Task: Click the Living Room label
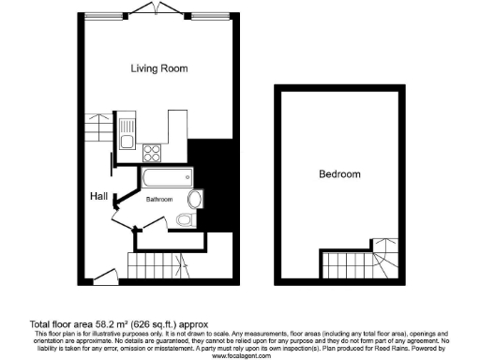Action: [158, 68]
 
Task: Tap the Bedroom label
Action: [339, 174]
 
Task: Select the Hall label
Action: [97, 196]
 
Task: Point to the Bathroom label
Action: [159, 200]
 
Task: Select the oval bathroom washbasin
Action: [195, 199]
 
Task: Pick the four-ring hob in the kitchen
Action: [153, 153]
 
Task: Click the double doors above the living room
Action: [146, 9]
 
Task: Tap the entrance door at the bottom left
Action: [106, 275]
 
